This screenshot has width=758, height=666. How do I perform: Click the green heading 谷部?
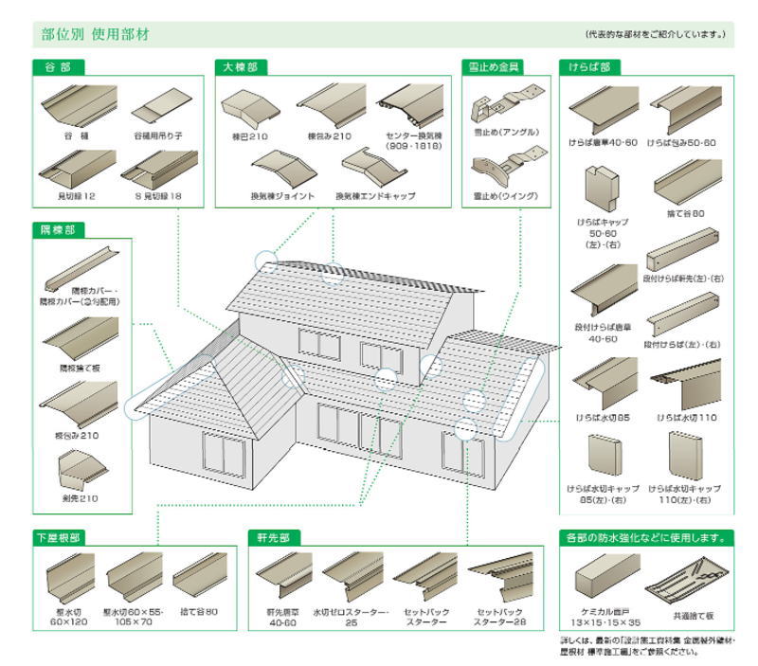click(x=58, y=67)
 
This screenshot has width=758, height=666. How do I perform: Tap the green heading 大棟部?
click(x=240, y=67)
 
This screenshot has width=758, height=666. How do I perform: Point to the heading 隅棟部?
click(x=58, y=229)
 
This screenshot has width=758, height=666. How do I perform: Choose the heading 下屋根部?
click(x=62, y=537)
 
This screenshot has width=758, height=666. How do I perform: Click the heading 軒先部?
click(x=272, y=537)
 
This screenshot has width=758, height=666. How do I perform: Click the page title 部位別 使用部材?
click(x=95, y=35)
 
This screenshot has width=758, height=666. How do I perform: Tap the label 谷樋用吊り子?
click(x=157, y=135)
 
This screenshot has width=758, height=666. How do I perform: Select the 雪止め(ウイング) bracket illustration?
click(x=503, y=171)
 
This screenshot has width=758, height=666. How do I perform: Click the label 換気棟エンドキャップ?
click(x=374, y=196)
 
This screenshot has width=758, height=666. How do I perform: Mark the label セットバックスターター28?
click(x=501, y=617)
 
